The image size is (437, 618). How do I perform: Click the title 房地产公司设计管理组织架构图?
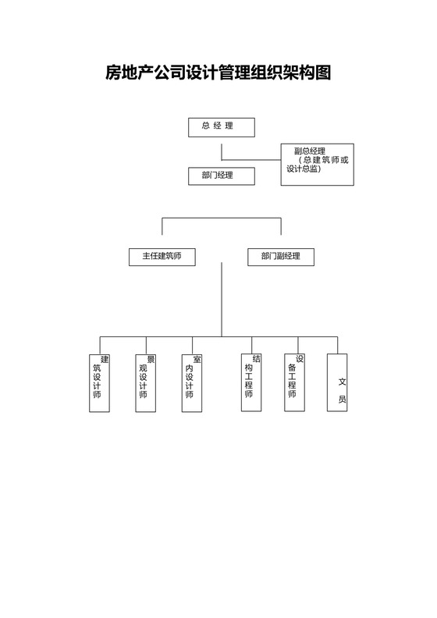click(218, 74)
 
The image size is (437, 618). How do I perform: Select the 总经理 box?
click(222, 126)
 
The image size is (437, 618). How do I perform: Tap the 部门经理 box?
click(222, 176)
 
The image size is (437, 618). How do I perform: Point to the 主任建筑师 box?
click(162, 257)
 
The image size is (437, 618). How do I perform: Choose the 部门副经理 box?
click(280, 257)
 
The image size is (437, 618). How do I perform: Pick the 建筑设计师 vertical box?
click(100, 382)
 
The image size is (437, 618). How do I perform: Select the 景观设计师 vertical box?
click(145, 382)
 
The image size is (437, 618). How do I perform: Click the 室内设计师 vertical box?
click(192, 382)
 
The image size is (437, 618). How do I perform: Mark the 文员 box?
click(336, 382)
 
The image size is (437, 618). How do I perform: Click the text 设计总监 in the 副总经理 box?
click(302, 169)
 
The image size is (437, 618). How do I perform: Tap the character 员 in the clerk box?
click(342, 399)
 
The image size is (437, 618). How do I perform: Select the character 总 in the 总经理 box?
click(206, 126)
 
